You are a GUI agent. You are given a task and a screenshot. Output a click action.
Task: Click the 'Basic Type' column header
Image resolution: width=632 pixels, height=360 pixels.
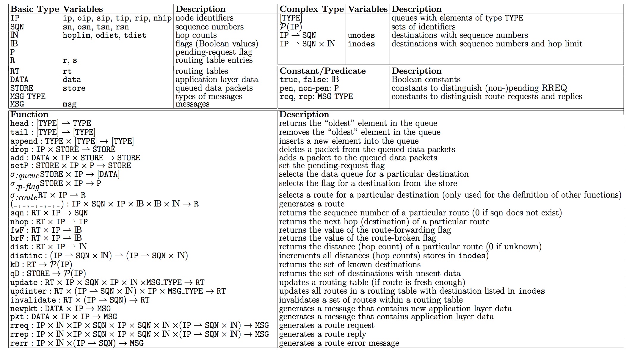coord(35,9)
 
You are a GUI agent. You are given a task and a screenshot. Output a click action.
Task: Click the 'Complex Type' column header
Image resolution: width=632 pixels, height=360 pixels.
coord(312,9)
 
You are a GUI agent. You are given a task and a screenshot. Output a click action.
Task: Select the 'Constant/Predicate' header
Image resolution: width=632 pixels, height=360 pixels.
coord(323,71)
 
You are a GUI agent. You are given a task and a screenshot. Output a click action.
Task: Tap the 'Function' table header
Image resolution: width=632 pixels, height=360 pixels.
coord(29,115)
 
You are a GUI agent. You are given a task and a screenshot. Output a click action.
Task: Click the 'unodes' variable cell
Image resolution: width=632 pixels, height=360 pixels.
coord(361,35)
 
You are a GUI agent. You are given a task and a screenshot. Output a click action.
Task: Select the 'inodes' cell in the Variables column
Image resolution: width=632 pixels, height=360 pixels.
coord(361,44)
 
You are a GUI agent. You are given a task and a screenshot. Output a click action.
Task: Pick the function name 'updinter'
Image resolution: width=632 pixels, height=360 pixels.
coord(28,291)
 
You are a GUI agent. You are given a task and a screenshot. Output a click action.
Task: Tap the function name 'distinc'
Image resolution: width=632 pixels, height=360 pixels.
coord(26,256)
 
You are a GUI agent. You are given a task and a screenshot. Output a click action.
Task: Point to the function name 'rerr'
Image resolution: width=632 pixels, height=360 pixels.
coord(19,343)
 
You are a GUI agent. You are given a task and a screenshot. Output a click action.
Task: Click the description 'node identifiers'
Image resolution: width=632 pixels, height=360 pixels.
coord(204,18)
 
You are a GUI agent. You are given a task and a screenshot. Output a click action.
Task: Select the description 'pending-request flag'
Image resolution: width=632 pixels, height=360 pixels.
coord(214,52)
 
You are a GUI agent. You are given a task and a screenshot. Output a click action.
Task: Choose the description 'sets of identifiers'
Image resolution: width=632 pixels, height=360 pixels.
coord(423,27)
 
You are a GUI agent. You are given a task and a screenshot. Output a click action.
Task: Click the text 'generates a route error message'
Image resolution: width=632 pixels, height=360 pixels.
coord(339,343)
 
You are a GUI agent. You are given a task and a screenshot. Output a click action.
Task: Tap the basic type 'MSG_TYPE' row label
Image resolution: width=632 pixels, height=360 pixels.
coord(28,97)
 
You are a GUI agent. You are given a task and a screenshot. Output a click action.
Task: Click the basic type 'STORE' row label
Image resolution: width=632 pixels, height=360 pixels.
coord(22,88)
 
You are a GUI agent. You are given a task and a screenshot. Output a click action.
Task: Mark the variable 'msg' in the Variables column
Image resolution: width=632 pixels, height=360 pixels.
coord(70,104)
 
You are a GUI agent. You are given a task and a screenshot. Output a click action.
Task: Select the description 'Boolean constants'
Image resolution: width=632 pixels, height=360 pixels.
coord(426,79)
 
